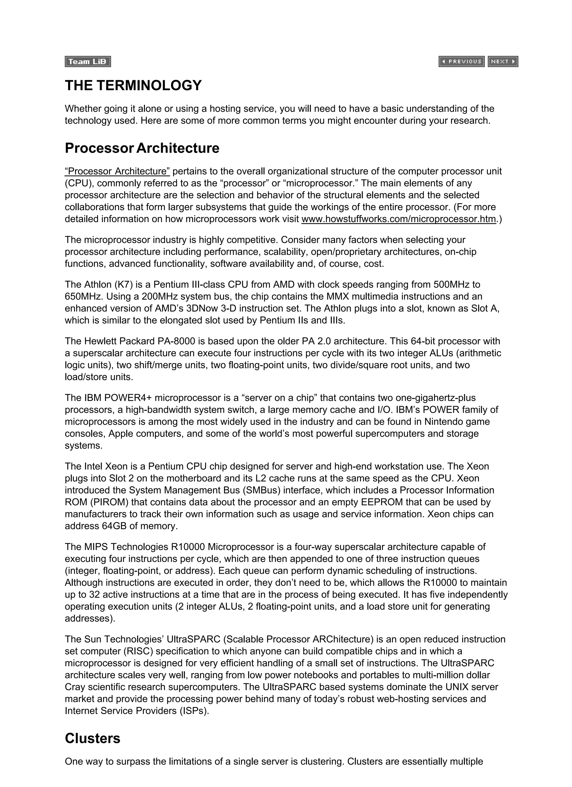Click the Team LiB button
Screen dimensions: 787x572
(x=88, y=62)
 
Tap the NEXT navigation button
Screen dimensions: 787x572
(x=503, y=61)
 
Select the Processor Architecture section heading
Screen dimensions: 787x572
(x=142, y=148)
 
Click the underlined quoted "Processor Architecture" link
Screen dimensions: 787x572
(x=117, y=171)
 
